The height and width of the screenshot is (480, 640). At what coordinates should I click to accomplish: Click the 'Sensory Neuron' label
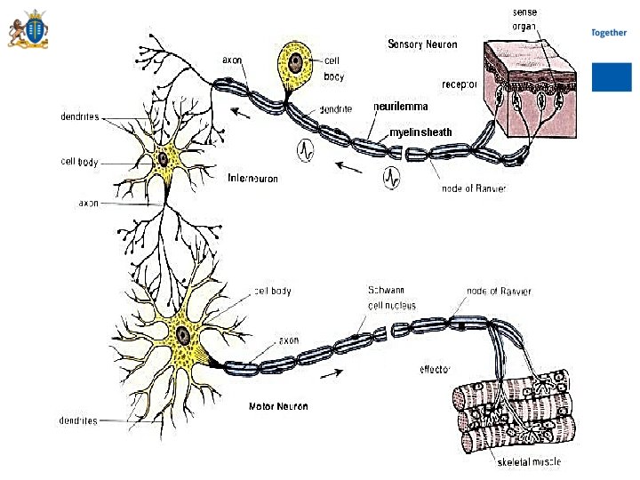(x=422, y=44)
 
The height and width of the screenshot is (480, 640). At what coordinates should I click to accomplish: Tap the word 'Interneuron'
(x=252, y=179)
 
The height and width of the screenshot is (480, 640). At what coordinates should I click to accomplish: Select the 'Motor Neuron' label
(x=278, y=406)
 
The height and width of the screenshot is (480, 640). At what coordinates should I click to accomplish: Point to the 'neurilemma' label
(x=401, y=107)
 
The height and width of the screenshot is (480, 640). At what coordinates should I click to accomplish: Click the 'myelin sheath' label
(x=420, y=132)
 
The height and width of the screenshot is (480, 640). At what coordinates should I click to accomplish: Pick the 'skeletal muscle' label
(x=529, y=461)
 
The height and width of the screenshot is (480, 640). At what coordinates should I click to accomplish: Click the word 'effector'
(x=436, y=368)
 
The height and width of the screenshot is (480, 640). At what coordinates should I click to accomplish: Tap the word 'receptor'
(x=460, y=84)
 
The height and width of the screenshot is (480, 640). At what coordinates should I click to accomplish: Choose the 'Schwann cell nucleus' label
(x=391, y=298)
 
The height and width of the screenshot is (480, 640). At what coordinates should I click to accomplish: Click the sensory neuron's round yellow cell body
(x=294, y=62)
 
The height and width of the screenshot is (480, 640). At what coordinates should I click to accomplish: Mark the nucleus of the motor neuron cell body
(x=182, y=335)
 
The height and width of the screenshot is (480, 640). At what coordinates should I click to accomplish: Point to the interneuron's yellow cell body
(x=164, y=160)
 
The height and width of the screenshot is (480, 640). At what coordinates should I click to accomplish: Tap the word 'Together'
(x=609, y=33)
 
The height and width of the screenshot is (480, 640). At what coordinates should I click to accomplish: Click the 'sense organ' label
(x=524, y=19)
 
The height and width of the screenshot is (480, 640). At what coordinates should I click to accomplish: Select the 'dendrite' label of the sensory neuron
(x=335, y=109)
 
